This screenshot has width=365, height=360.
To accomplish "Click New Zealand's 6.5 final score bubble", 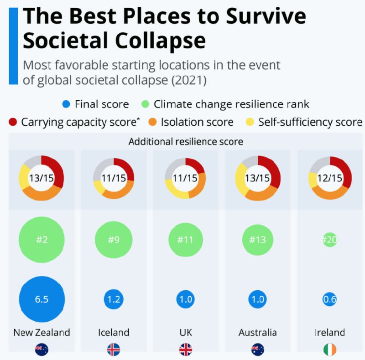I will (x=42, y=299).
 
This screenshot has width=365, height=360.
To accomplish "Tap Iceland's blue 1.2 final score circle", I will (x=113, y=299).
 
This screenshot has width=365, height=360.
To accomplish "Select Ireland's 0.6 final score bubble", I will (x=329, y=299).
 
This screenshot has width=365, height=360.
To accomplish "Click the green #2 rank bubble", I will (x=42, y=240).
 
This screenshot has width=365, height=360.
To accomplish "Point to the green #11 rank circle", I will (x=185, y=240).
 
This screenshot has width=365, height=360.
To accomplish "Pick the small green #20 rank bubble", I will (x=329, y=240).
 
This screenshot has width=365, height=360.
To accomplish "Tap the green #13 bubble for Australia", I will (x=257, y=240).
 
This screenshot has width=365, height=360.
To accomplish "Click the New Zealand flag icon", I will (x=42, y=350).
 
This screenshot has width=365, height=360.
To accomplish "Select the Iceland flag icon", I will (x=113, y=350).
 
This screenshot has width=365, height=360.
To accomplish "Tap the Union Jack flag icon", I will (x=185, y=350).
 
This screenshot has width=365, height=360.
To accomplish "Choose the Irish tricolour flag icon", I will (x=329, y=350).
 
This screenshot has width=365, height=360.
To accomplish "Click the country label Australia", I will (x=257, y=333).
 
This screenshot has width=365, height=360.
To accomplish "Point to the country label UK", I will (x=185, y=333).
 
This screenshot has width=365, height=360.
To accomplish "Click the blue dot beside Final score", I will (x=66, y=104).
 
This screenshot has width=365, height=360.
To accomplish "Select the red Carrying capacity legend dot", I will (x=13, y=122).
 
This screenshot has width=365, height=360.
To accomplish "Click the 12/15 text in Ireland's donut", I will (x=329, y=178).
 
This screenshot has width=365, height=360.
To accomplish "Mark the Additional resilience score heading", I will (x=186, y=141).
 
